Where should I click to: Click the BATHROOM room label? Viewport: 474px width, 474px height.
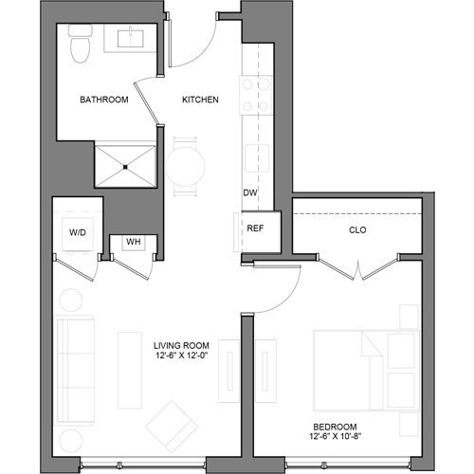click(x=103, y=99)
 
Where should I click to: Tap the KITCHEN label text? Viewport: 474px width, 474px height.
click(x=201, y=99)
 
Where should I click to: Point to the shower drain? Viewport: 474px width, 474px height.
click(x=125, y=167)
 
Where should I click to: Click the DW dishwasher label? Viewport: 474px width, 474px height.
click(x=250, y=193)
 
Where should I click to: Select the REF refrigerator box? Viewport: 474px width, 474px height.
click(x=255, y=228)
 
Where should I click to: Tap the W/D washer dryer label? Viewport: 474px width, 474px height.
click(x=78, y=231)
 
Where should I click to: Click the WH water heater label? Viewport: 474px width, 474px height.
click(x=134, y=242)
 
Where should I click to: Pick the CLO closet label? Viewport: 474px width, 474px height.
click(x=357, y=229)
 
